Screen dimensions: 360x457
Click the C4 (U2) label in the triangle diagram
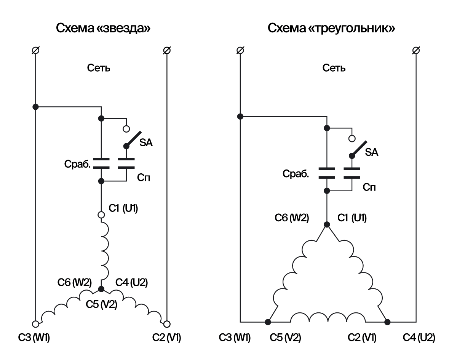point(419,338)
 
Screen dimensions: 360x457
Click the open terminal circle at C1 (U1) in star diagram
point(101,215)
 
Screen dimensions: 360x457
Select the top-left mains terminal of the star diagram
point(35,50)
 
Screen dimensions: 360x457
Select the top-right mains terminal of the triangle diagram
point(416,50)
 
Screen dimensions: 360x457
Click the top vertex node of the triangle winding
point(326,224)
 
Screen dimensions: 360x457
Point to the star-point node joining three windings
point(101,289)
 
